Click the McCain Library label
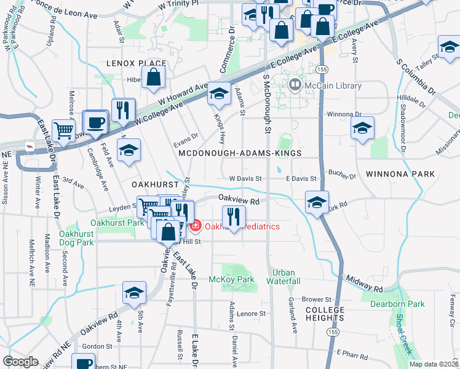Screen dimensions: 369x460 (x=333, y=85)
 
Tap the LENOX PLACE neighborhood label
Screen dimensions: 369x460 (x=136, y=63)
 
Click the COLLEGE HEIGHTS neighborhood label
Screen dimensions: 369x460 (x=324, y=314)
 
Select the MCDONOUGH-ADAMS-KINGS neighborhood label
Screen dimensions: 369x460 (x=239, y=153)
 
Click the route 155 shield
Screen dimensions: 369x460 (x=333, y=331)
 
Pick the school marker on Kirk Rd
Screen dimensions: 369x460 (x=317, y=202)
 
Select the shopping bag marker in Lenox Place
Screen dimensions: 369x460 (x=153, y=78)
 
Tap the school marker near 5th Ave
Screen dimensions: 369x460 (x=134, y=293)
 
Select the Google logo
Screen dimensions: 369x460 (x=20, y=362)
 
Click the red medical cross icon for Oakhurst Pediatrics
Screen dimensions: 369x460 (x=196, y=226)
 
